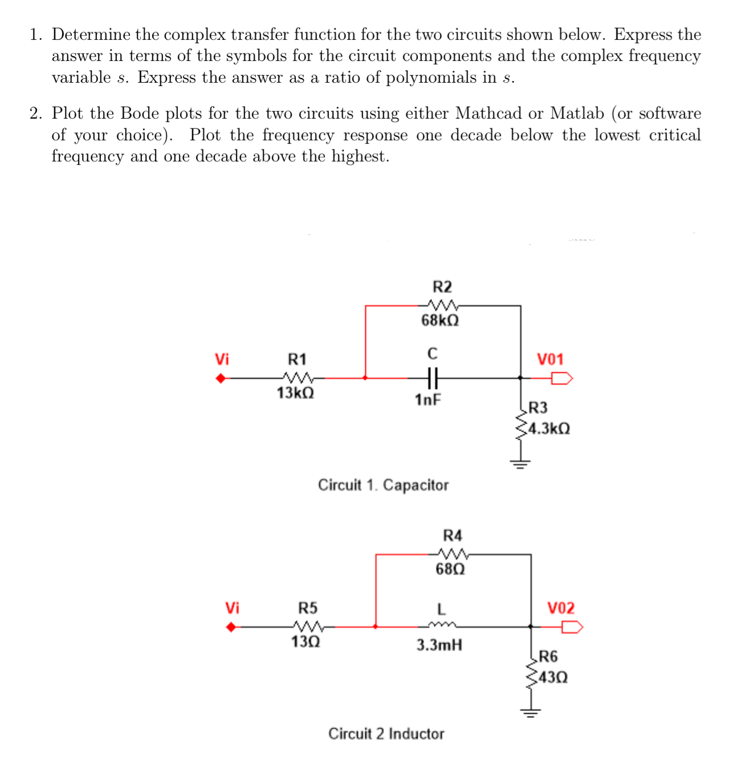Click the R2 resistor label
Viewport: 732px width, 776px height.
[x=442, y=286]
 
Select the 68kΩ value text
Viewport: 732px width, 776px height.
[x=440, y=320]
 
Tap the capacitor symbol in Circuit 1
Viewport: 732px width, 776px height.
[x=432, y=377]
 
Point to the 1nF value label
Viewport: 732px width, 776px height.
[x=428, y=400]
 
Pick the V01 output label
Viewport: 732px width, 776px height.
[x=550, y=359]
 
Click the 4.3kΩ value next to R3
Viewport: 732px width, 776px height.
[x=549, y=428]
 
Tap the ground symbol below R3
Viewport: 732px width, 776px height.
[x=520, y=463]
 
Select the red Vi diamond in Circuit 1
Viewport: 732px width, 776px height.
[x=221, y=377]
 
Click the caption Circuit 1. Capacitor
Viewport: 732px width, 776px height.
[x=383, y=485]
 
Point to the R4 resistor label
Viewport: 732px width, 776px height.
[x=453, y=535]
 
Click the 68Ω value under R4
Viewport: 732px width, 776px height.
[x=450, y=569]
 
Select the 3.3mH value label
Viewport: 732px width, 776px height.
[x=439, y=645]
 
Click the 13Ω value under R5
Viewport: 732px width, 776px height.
[x=306, y=642]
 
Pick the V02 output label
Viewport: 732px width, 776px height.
[x=561, y=608]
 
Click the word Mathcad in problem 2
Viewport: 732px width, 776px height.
[x=489, y=113]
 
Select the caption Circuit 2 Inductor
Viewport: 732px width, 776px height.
[x=386, y=734]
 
